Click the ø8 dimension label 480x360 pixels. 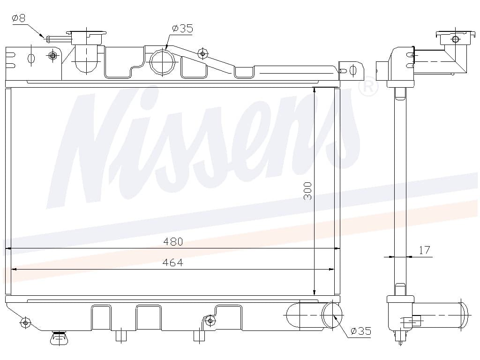18,18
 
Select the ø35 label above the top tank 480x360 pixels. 182,29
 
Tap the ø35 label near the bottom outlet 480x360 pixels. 361,331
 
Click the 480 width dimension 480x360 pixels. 173,242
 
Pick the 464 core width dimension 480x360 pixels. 173,262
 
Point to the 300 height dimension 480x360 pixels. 307,191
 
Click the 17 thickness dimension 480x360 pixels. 424,250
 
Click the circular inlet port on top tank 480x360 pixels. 162,62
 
